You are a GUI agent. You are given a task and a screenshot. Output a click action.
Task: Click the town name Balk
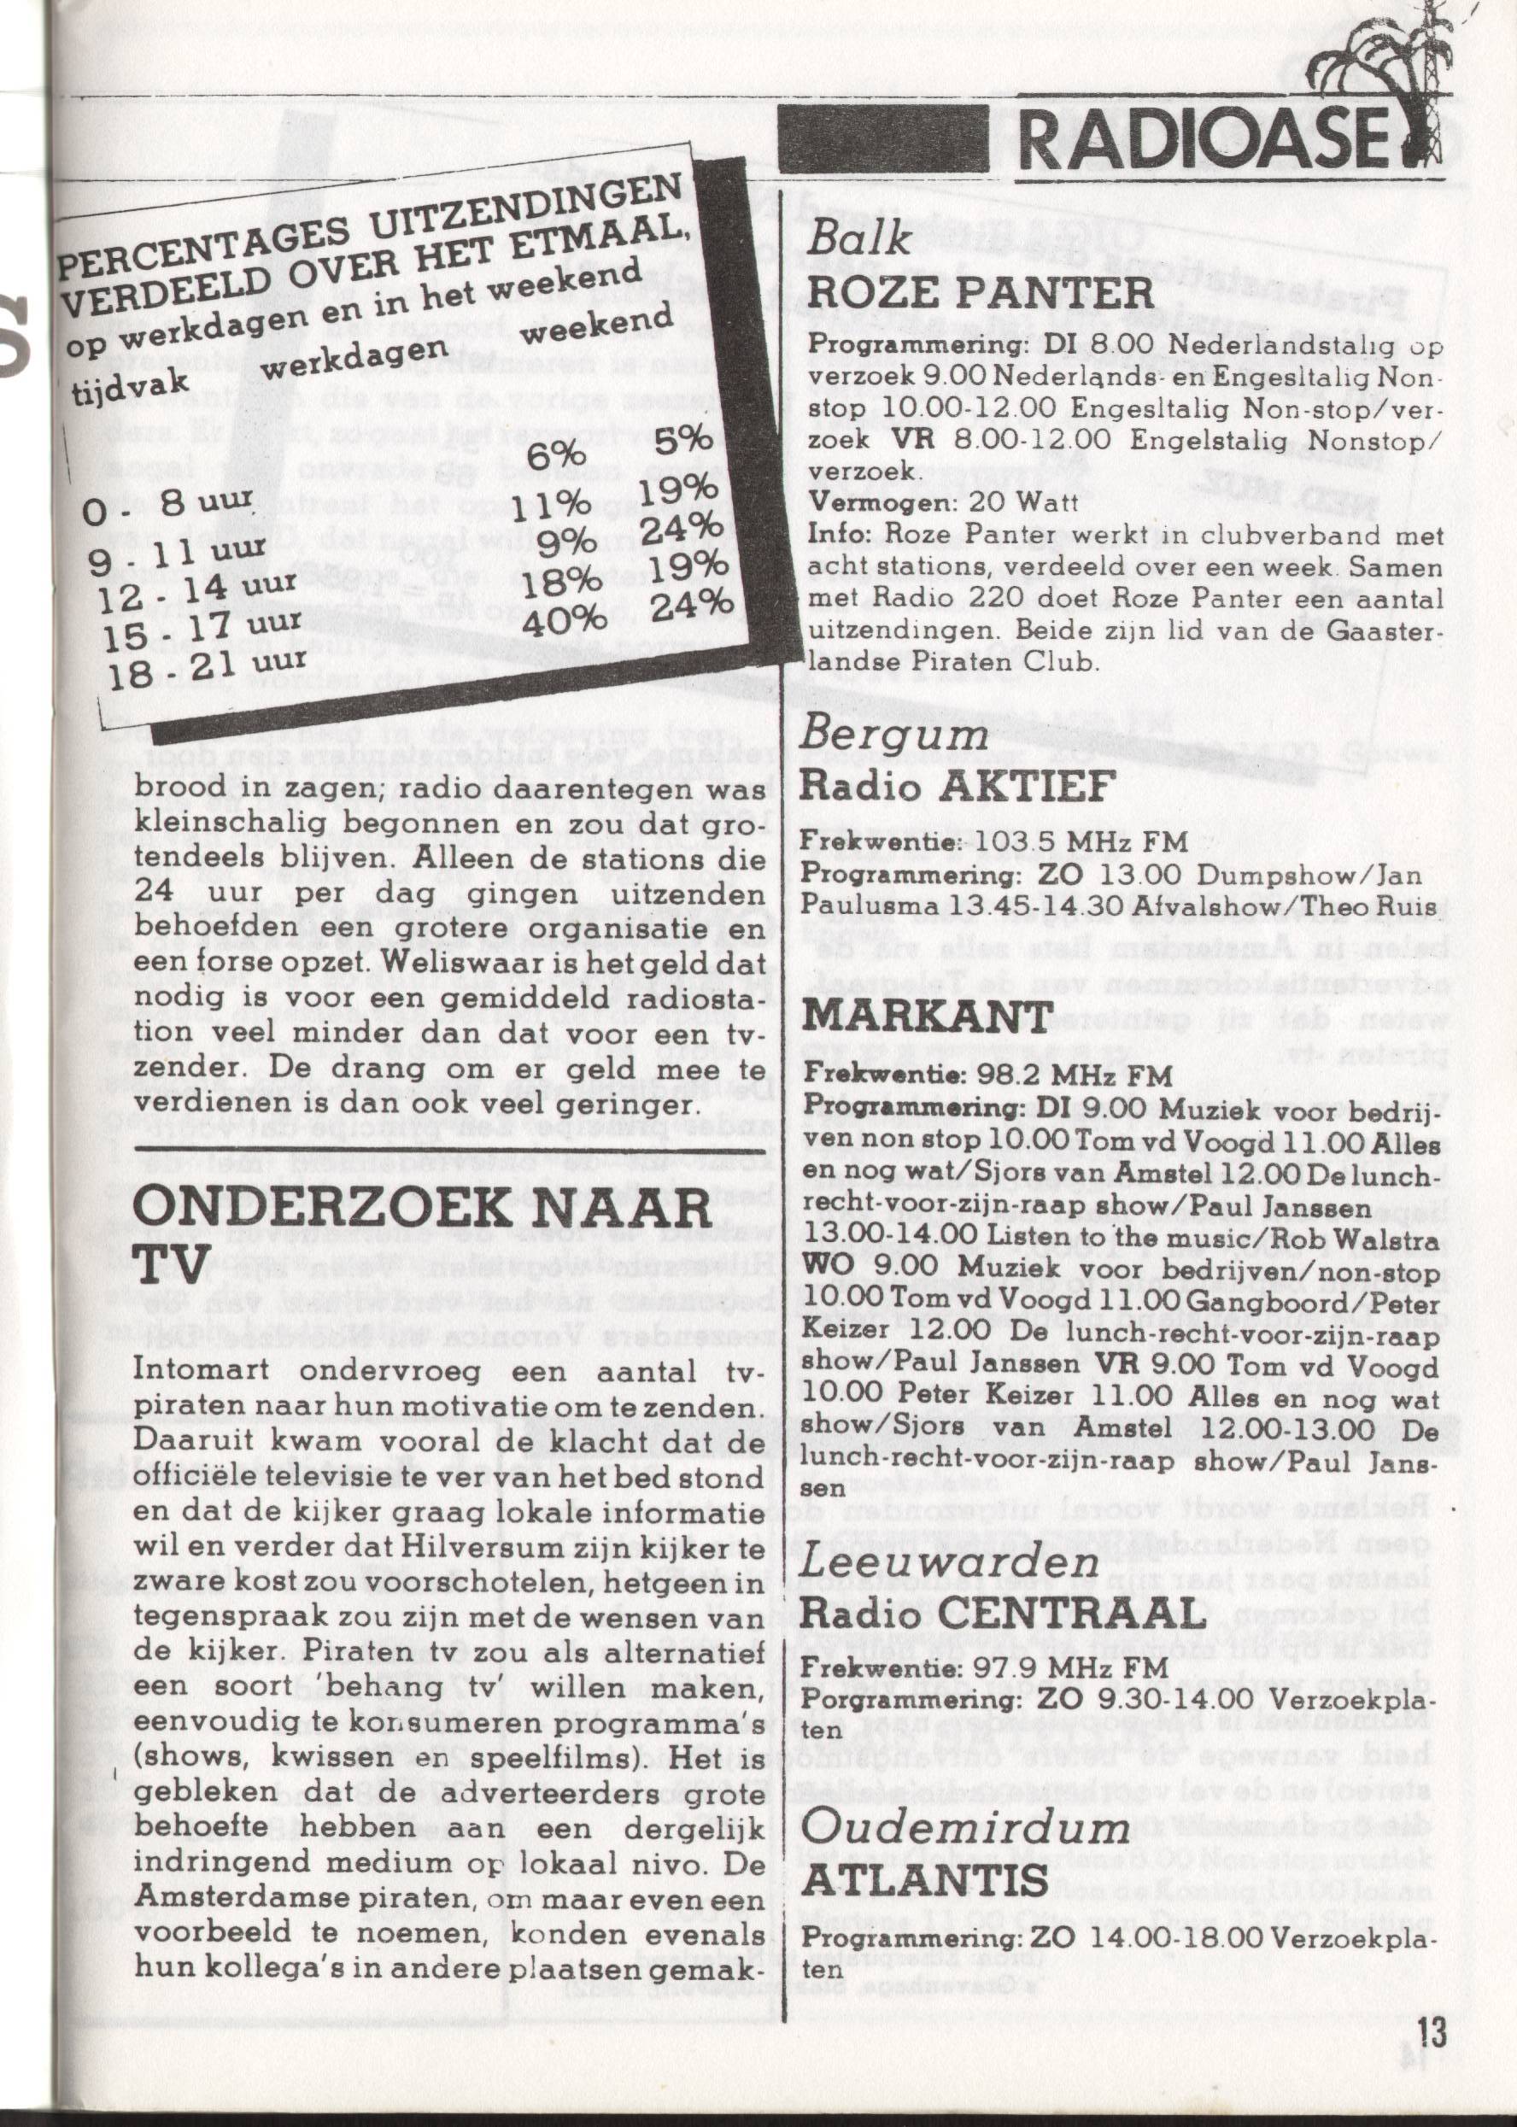point(858,239)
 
